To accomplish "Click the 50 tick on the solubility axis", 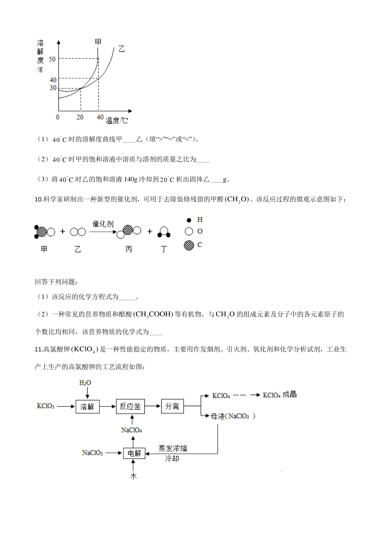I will tap(52, 59).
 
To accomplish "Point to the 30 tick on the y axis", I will tap(53, 88).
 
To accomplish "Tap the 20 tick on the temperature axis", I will tap(80, 117).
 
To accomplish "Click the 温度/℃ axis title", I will tap(117, 120).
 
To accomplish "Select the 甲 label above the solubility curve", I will tap(98, 42).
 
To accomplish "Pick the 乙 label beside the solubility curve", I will tap(121, 49).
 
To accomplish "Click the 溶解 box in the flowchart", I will tap(87, 406).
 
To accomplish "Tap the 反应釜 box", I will tap(130, 406).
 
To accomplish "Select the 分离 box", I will tap(172, 406).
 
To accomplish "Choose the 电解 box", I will tap(134, 453).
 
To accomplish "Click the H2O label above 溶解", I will tap(85, 383).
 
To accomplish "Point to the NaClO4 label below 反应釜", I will tap(131, 430).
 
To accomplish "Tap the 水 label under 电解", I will tap(133, 476).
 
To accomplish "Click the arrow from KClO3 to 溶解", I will tap(66, 406).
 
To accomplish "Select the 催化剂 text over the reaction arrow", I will tap(103, 224).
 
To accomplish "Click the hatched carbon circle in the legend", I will tap(189, 245).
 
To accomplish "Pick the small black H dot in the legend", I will tap(189, 220).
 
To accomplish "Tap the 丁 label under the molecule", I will tap(164, 249).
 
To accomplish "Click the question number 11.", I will tap(38, 350).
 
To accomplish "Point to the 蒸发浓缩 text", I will tap(173, 448).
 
